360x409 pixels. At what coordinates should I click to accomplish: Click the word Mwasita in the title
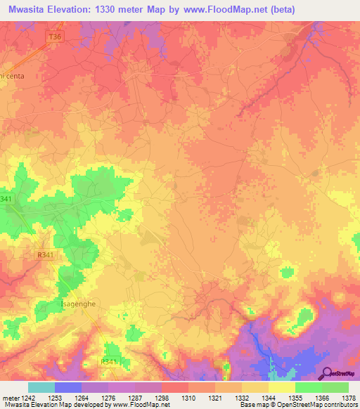tap(32, 9)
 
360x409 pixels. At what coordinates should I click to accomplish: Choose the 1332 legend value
tap(243, 398)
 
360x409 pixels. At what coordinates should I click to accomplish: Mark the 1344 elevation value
tap(269, 398)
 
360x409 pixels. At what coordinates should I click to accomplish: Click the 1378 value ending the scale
tap(348, 398)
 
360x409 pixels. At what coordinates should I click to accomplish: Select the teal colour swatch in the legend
tap(41, 387)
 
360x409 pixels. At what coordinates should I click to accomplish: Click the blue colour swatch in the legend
tap(68, 387)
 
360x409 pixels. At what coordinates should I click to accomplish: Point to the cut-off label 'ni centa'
tap(13, 76)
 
